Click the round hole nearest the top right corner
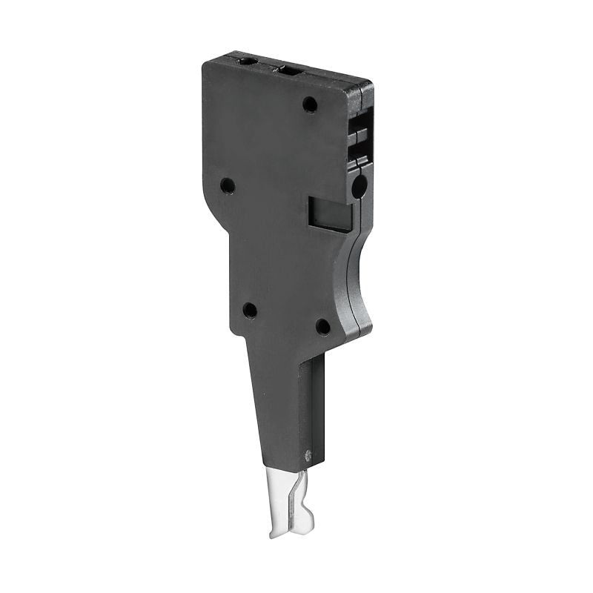pos(310,105)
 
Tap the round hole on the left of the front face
pos(228,185)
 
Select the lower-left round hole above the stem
pos(250,310)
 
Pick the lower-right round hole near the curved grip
pos(322,326)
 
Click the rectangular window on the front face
pos(330,213)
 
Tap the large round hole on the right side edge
pos(358,186)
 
